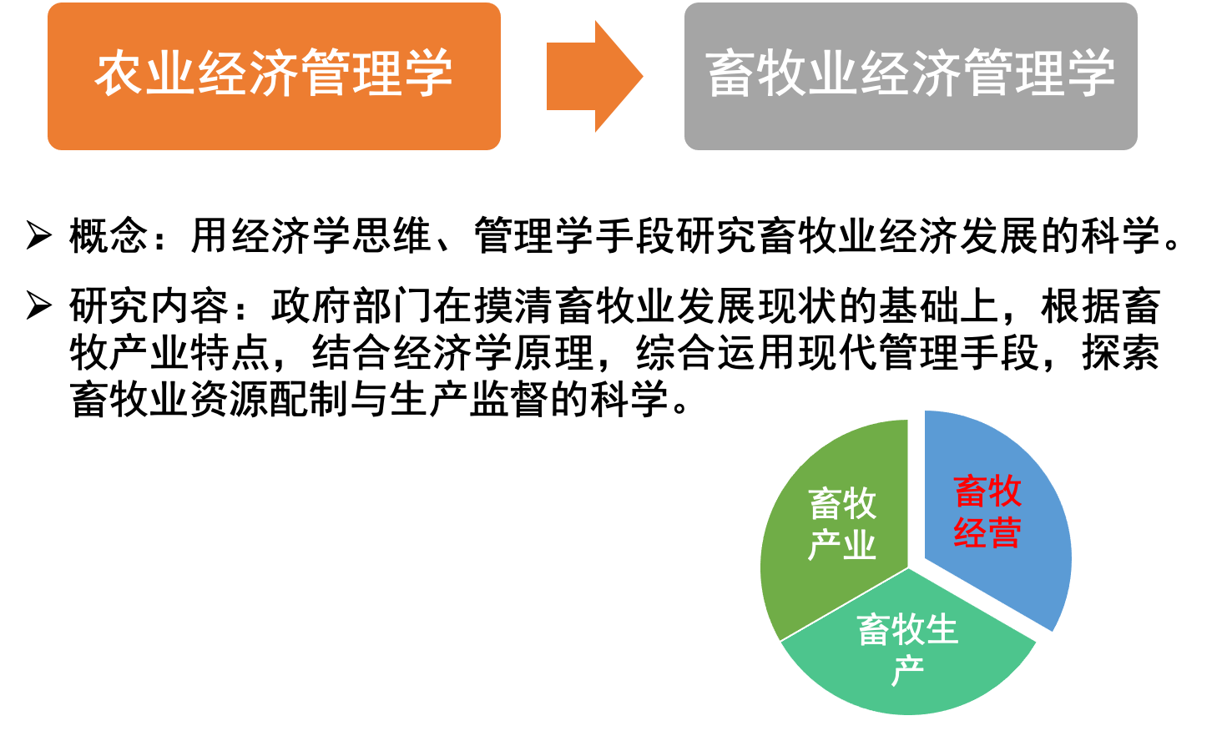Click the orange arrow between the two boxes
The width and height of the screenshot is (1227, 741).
[593, 76]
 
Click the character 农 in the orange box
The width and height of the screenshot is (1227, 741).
[119, 73]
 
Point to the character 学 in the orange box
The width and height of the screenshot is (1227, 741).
[428, 73]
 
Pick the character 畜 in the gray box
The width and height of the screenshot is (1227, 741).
[731, 73]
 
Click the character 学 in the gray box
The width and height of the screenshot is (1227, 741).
[1089, 73]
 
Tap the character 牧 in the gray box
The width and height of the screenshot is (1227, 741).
[782, 73]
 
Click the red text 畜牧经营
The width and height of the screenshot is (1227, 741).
[987, 512]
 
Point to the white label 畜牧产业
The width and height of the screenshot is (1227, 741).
[842, 524]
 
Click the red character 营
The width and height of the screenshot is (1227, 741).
[1005, 533]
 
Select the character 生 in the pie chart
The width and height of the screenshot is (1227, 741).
[942, 630]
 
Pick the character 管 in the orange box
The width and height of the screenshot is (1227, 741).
[326, 73]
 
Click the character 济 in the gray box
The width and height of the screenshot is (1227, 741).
[936, 73]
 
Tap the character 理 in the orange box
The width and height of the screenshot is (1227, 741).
[377, 73]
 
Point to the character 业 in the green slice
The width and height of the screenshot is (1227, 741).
[859, 546]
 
